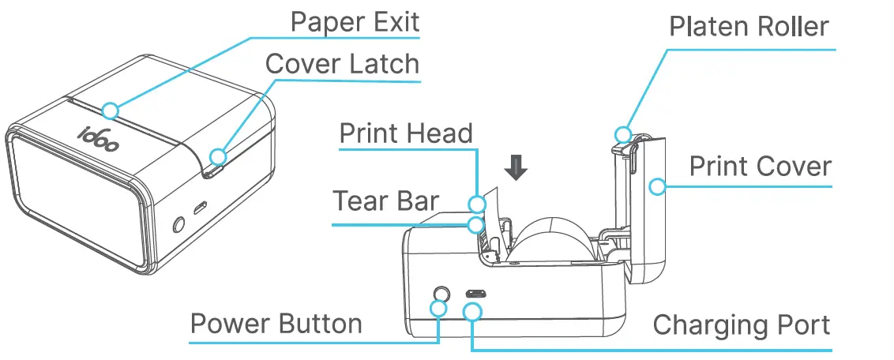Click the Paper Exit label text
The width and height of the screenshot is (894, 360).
click(355, 21)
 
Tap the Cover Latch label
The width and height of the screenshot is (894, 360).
click(342, 64)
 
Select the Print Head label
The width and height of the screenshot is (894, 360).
click(406, 133)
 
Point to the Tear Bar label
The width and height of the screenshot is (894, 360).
click(385, 201)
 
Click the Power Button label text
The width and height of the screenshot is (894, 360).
click(276, 324)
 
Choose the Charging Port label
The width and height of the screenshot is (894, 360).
click(742, 324)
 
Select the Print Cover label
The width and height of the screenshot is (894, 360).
click(760, 167)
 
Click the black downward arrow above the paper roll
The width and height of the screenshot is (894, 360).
click(516, 167)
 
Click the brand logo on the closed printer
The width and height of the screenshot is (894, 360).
click(99, 136)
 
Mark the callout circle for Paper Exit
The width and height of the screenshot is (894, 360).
click(111, 110)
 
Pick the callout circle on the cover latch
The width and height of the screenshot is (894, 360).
click(218, 154)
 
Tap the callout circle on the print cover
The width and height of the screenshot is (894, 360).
click(654, 186)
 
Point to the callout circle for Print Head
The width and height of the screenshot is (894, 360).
click(477, 203)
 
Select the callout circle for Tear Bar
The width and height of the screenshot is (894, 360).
click(475, 225)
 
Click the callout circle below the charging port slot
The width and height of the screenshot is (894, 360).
click(472, 312)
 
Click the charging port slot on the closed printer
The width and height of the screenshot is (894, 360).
click(199, 207)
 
